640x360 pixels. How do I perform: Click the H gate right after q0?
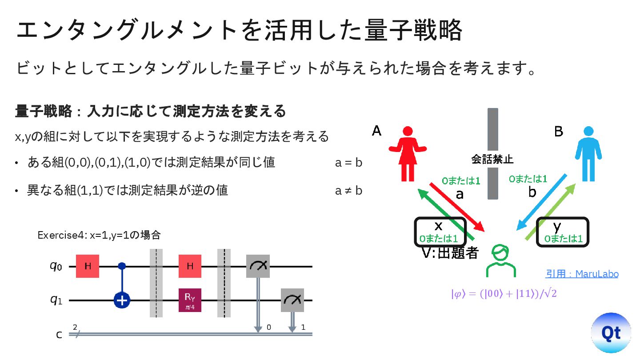coord(88,266)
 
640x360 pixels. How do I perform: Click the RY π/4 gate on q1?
coord(190,300)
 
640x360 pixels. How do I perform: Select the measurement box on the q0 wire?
coord(258,266)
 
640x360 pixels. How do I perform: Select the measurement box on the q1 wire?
coord(292,300)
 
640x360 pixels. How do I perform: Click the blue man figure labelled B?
coord(588,153)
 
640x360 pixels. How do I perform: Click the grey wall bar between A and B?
coord(492,133)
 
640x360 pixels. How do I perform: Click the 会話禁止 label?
coord(492,158)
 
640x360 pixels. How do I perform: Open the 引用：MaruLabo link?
coord(582,274)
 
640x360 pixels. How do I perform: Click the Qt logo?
coord(611,333)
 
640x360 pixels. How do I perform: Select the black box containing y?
coord(562,231)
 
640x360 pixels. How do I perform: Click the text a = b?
coord(349,163)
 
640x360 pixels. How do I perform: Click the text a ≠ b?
coord(349,191)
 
